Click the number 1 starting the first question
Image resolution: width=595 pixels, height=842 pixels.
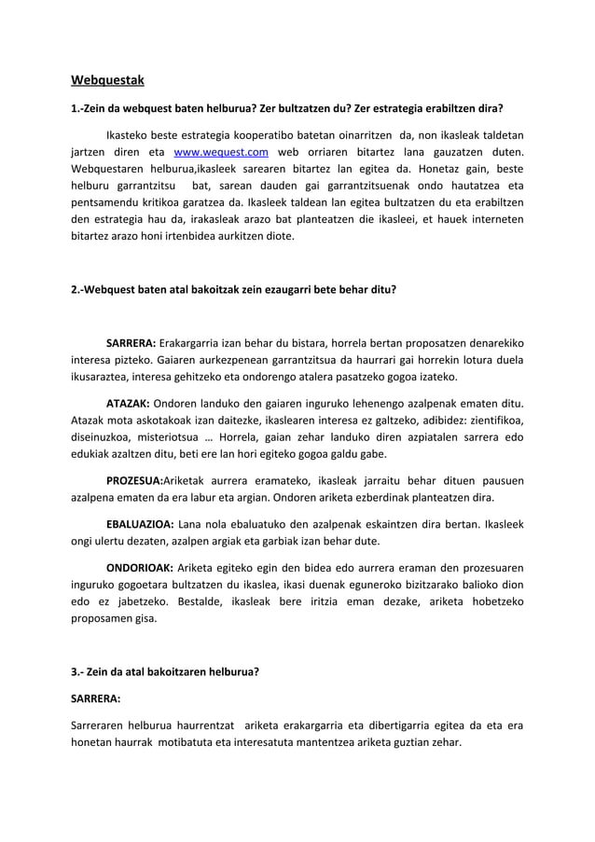click(x=75, y=108)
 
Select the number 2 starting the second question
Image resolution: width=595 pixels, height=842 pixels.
click(x=75, y=289)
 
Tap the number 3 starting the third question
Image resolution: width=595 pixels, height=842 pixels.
click(x=75, y=672)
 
